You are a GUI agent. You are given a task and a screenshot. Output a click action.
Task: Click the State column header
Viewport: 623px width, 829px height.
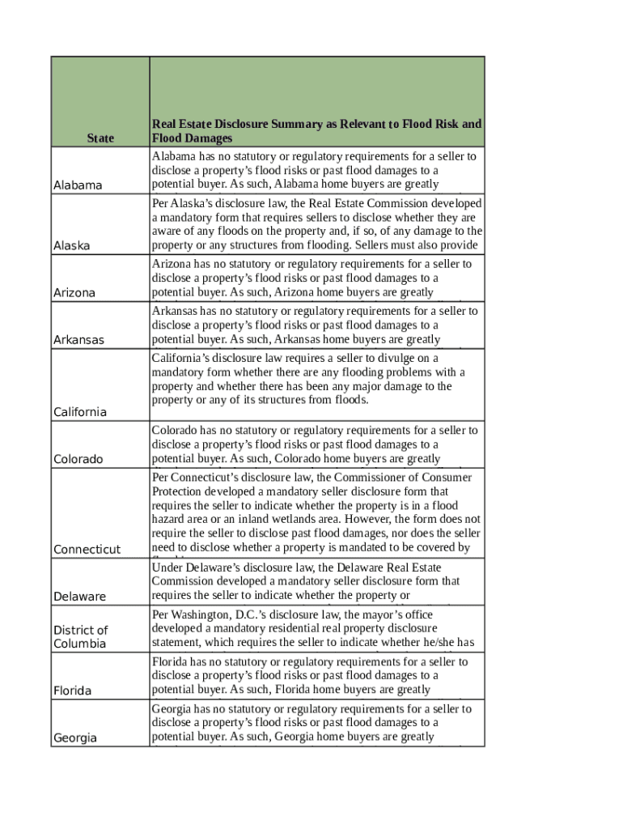100,138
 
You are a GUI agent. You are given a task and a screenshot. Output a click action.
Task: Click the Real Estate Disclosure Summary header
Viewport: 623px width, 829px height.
316,131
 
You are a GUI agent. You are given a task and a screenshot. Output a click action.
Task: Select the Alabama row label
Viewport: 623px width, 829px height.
78,185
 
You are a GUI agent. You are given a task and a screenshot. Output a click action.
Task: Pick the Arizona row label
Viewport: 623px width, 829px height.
74,292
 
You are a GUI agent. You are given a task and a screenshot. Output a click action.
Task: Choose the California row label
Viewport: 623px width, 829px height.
80,412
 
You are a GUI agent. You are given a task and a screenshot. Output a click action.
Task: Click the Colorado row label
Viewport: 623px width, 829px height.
78,459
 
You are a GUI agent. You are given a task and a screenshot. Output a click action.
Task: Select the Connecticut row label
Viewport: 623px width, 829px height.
87,550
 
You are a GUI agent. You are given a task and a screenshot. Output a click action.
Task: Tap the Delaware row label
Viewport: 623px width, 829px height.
79,597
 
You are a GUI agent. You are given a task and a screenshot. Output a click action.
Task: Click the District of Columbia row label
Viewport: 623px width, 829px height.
80,636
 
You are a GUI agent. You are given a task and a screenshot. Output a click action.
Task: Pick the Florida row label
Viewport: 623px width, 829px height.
72,691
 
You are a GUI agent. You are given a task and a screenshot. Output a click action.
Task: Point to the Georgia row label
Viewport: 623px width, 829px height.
75,738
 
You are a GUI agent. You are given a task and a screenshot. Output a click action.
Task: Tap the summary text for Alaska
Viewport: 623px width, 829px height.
316,224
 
